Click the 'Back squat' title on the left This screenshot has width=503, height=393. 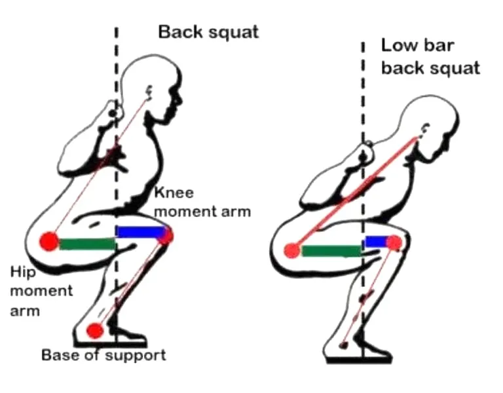coord(208,33)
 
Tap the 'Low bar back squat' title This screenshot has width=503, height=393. coord(430,57)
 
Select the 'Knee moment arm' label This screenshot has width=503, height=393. coord(202,202)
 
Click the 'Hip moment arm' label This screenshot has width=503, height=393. coord(41,291)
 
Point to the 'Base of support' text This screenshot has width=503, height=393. coord(103,355)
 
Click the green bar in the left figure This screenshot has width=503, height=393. coord(87,244)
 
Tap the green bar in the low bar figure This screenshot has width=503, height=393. coord(331,251)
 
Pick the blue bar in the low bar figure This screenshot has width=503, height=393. coord(377,242)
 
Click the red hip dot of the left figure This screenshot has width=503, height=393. coord(49,242)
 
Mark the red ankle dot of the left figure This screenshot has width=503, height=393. coord(94,330)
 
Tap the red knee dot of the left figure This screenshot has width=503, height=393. coord(166,236)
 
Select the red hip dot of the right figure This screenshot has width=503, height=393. coord(292,251)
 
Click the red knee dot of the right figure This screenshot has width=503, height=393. coord(394,243)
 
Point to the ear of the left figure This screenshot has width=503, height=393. coord(149,91)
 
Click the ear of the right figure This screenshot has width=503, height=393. coord(425,128)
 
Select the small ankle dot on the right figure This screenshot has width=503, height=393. coord(344,346)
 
